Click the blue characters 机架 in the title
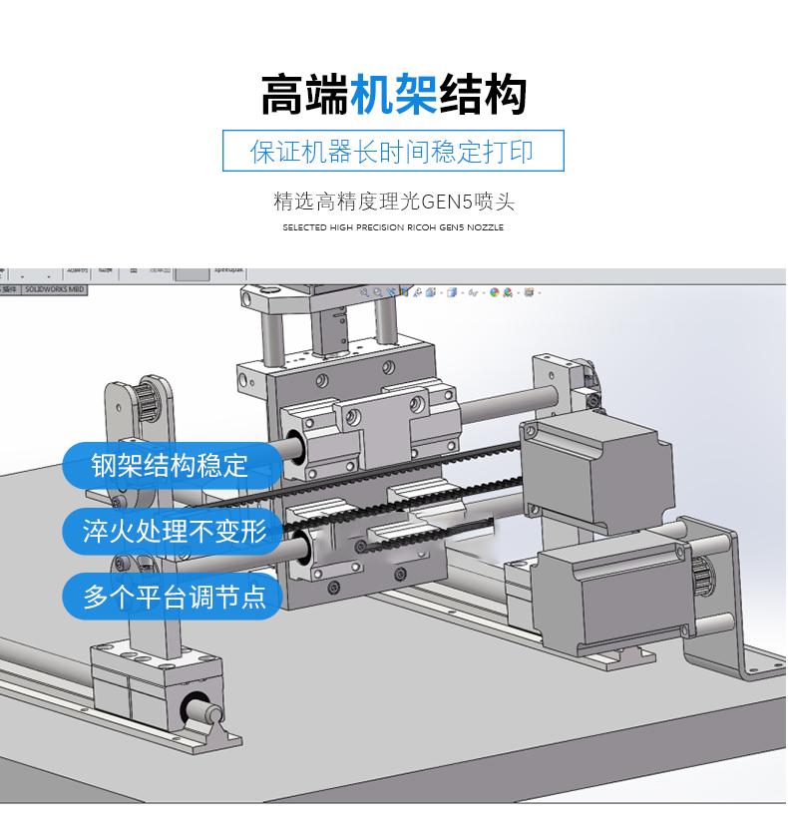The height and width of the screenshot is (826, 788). pyautogui.click(x=394, y=95)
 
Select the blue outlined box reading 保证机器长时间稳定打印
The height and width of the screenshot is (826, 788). pyautogui.click(x=393, y=152)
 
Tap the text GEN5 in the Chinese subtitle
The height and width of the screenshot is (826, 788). pyautogui.click(x=447, y=203)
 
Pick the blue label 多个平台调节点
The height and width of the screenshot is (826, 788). pyautogui.click(x=175, y=597)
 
